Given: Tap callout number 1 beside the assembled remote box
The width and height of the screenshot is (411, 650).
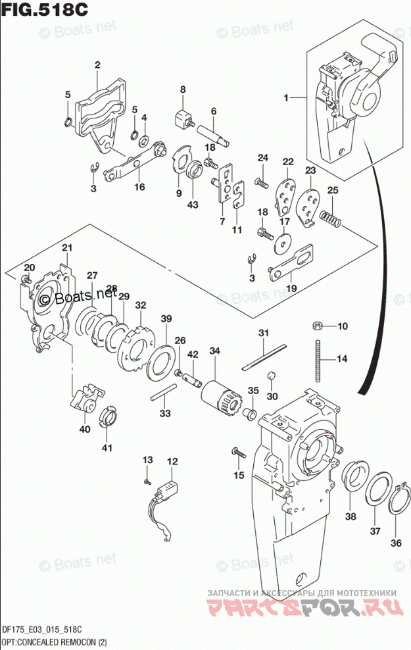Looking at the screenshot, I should (287, 98).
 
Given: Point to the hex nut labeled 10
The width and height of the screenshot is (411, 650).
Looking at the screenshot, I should (316, 326).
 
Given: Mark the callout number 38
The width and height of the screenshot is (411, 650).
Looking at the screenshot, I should (351, 516).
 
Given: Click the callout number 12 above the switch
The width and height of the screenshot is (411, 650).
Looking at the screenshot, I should (172, 461).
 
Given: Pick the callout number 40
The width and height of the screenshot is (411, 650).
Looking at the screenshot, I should (84, 430).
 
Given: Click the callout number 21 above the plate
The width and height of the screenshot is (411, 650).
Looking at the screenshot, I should (66, 247).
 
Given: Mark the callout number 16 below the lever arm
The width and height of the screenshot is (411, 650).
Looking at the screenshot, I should (139, 187).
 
